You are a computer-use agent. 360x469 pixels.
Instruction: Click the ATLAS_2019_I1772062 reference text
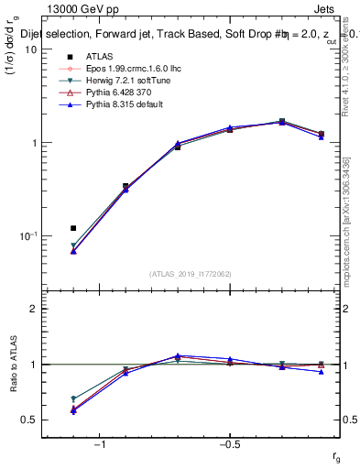191,274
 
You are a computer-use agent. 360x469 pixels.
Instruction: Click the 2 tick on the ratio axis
35,309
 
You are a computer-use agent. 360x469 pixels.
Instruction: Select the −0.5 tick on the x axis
229,444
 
